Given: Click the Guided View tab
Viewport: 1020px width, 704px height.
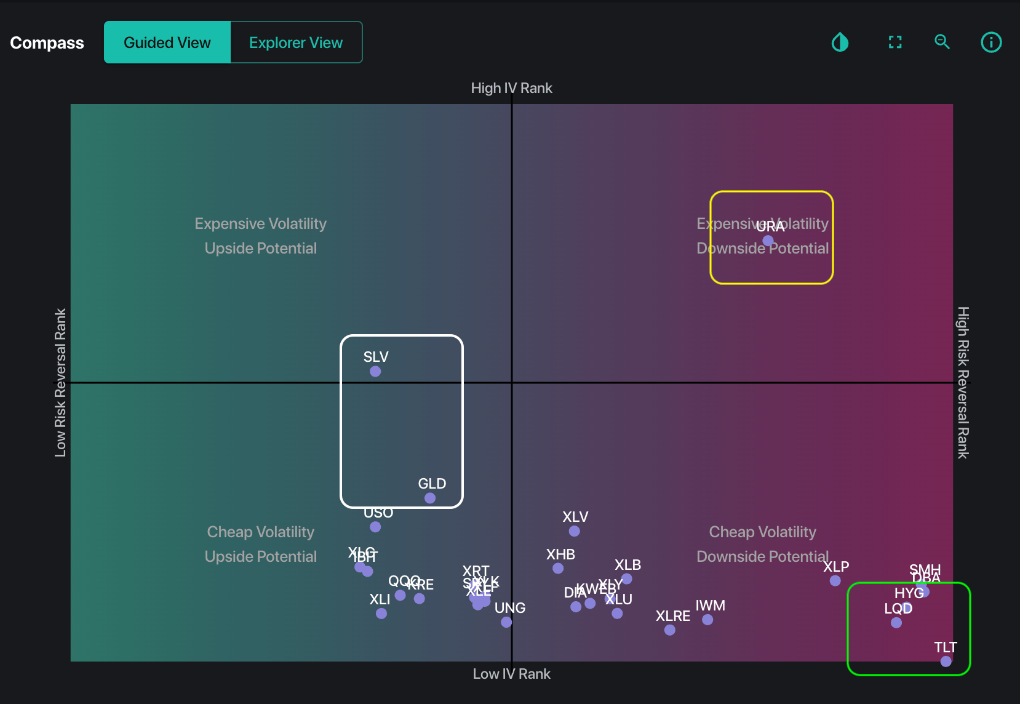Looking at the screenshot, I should point(167,42).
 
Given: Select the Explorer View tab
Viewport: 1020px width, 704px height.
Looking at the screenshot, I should point(296,42).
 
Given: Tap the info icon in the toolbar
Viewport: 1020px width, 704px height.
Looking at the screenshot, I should point(990,42).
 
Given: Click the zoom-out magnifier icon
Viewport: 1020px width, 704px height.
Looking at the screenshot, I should point(942,42).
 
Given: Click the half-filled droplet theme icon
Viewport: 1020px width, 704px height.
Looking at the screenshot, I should point(840,42).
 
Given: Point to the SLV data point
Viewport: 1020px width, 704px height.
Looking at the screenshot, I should point(375,372).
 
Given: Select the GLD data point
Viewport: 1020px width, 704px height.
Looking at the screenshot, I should point(430,498).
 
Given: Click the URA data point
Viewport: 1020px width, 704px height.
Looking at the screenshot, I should point(768,241).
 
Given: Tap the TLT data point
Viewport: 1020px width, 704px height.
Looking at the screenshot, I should point(946,662).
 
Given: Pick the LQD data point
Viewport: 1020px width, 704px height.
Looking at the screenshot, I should point(896,623).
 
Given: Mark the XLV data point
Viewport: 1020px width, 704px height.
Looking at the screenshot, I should point(574,531).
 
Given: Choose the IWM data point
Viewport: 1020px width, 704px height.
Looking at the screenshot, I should point(707,620).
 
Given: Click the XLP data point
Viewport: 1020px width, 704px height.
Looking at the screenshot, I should point(835,581).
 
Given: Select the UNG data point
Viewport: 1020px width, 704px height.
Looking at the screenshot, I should point(506,622).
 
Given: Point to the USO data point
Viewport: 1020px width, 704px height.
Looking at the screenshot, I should point(375,527).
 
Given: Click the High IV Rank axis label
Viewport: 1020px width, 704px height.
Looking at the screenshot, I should point(511,88).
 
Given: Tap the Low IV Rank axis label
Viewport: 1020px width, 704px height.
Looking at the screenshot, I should point(511,674).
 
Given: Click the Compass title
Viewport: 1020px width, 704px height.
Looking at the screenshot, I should point(47,42).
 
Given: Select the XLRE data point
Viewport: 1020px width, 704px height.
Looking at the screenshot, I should point(670,630).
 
